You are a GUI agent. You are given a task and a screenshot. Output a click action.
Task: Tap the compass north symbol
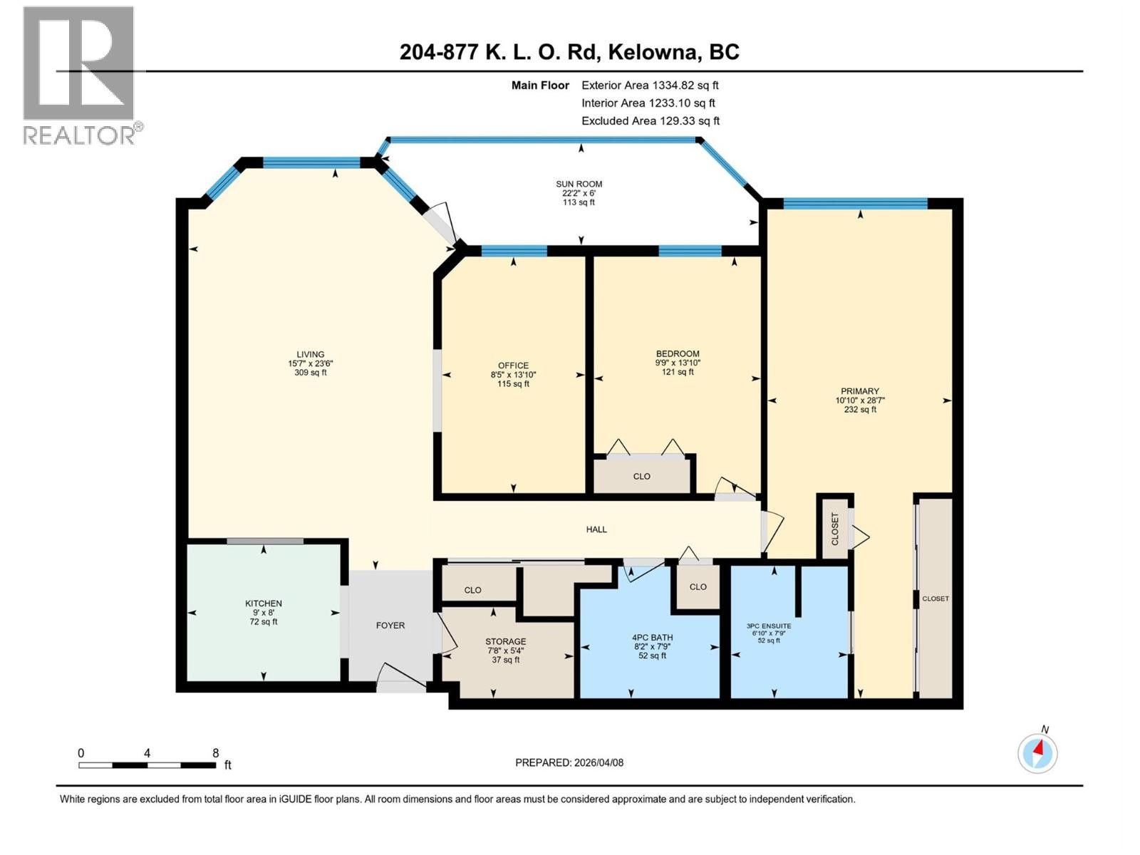coord(1037,752)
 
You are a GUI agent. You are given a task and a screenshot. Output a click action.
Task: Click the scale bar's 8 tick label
coord(215,752)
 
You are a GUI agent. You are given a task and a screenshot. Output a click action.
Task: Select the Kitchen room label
coord(264,603)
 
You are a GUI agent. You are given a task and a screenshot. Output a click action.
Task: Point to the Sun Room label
coord(579,184)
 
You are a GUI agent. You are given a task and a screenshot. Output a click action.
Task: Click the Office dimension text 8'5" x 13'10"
coord(513,375)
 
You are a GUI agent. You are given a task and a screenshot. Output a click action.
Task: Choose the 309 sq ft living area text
coord(311,373)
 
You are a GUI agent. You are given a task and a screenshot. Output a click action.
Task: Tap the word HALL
coord(596,529)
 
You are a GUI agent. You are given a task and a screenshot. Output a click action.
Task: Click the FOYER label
coord(390,626)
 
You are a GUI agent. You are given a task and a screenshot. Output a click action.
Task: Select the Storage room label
coord(506,641)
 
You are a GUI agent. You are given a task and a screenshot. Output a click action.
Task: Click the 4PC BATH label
coord(652,638)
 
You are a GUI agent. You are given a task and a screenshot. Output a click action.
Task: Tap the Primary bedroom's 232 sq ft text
coord(860,410)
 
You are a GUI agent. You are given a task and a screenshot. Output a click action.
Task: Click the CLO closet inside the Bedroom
coord(641,477)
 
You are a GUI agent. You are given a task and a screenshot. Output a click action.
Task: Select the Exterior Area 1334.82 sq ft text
coord(650,85)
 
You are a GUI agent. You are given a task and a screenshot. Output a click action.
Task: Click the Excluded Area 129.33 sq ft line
coord(650,121)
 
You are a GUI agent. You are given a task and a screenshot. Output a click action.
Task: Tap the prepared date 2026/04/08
coord(598,762)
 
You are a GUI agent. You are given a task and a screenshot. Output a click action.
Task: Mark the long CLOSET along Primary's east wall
coord(936,598)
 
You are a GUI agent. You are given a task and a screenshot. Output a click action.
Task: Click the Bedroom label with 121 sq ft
coord(678,354)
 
